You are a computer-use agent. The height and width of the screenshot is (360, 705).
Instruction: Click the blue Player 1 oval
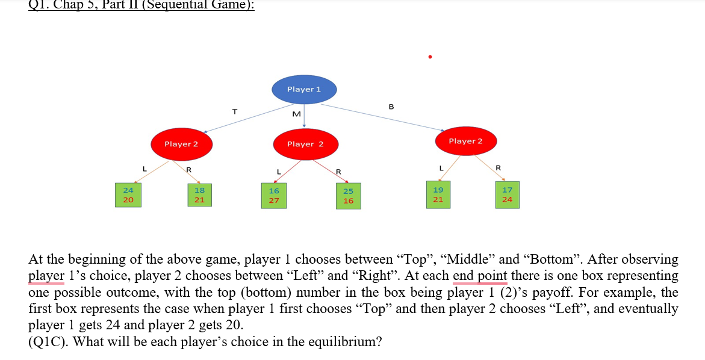pos(304,89)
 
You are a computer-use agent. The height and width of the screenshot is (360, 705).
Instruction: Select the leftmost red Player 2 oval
pos(181,144)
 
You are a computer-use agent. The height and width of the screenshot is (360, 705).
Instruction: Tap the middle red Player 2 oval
pos(305,144)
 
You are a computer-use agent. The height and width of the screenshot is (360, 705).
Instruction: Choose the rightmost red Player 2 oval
pos(465,141)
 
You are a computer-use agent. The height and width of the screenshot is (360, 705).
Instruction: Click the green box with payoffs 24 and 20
pos(129,194)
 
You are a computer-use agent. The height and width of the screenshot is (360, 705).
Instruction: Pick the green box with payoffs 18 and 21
pos(199,194)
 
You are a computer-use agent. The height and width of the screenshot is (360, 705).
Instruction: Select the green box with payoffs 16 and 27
pos(274,196)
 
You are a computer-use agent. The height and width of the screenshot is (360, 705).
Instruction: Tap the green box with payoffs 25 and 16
pos(349,196)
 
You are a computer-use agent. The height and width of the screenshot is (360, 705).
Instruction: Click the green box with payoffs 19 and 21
pos(438,194)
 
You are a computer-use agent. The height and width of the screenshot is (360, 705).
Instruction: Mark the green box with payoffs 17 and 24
pos(508,194)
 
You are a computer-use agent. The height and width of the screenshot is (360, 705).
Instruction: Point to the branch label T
pos(235,111)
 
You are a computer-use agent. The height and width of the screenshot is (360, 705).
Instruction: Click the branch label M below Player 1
pos(296,114)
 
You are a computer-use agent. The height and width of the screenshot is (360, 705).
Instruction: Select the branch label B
pos(391,107)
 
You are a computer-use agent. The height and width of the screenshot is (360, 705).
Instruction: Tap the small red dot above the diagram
pos(430,57)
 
